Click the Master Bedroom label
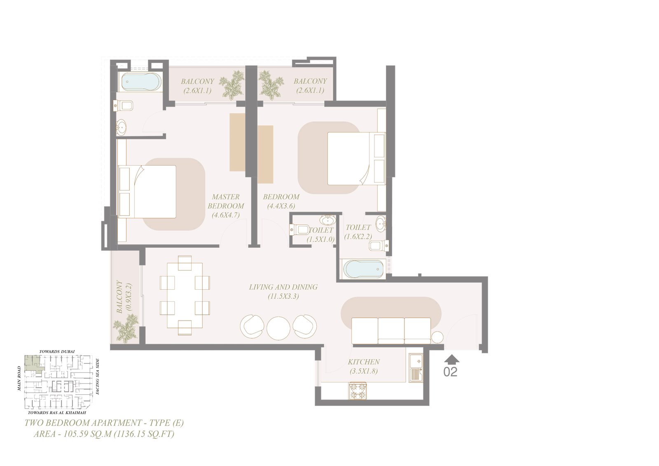tap(226, 201)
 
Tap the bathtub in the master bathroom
tap(141, 82)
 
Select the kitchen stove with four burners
tap(358, 391)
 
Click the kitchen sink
tap(416, 368)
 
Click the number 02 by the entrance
tap(451, 372)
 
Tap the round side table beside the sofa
tap(437, 337)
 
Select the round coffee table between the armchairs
tap(278, 328)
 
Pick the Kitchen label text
tap(364, 362)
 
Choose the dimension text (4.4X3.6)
tap(281, 206)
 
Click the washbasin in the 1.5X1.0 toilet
tap(327, 220)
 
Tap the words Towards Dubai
tap(57, 351)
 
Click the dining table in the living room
tap(185, 295)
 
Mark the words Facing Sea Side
tap(98, 377)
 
